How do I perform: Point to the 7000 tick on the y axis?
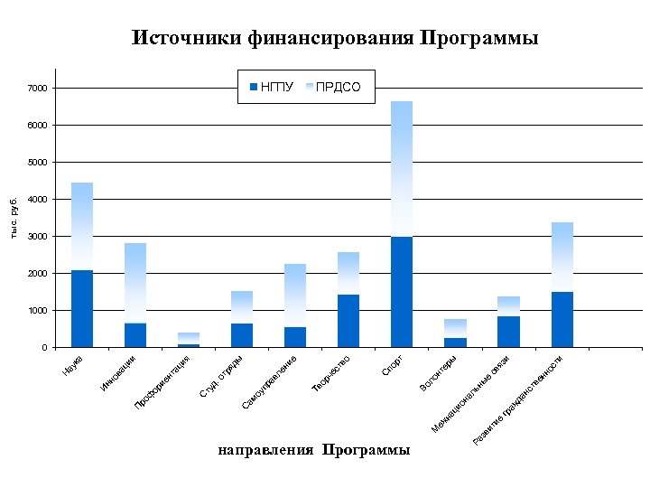[37, 89]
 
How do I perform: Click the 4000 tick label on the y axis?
[37, 200]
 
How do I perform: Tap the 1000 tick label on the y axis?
[37, 311]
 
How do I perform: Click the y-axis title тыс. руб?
[14, 218]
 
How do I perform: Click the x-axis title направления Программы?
[312, 450]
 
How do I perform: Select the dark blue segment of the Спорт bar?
[402, 292]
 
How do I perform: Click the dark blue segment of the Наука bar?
[82, 308]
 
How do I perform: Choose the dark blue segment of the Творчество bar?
[348, 321]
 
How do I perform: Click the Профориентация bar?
[189, 340]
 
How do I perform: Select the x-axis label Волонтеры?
[444, 373]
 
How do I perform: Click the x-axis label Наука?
[73, 366]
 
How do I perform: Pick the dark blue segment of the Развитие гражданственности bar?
[562, 319]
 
